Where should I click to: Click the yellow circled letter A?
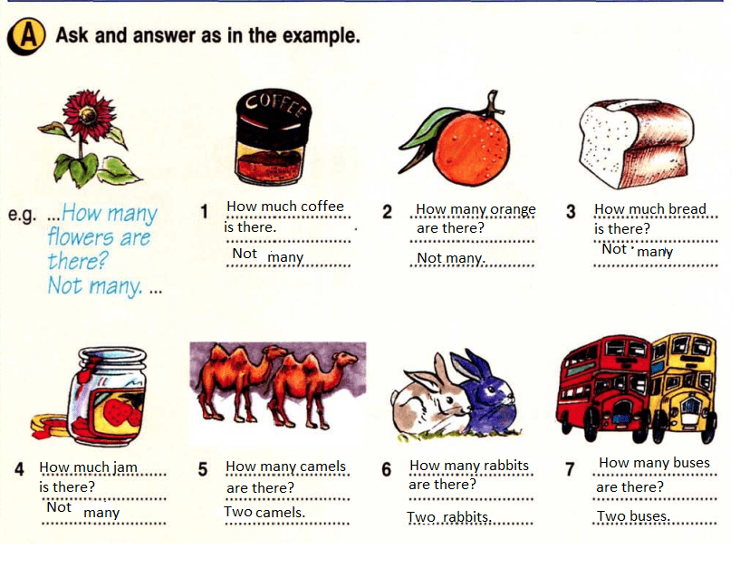click(26, 36)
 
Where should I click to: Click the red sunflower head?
click(88, 114)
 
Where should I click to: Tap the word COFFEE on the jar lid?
click(276, 106)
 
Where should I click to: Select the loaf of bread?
click(636, 142)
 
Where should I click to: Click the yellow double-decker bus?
click(683, 386)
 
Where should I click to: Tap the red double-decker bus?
click(604, 388)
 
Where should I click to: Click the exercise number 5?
click(203, 469)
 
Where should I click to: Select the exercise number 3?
click(571, 211)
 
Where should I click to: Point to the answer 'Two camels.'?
click(264, 512)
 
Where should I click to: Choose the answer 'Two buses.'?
click(633, 516)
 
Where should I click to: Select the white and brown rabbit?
click(430, 399)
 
